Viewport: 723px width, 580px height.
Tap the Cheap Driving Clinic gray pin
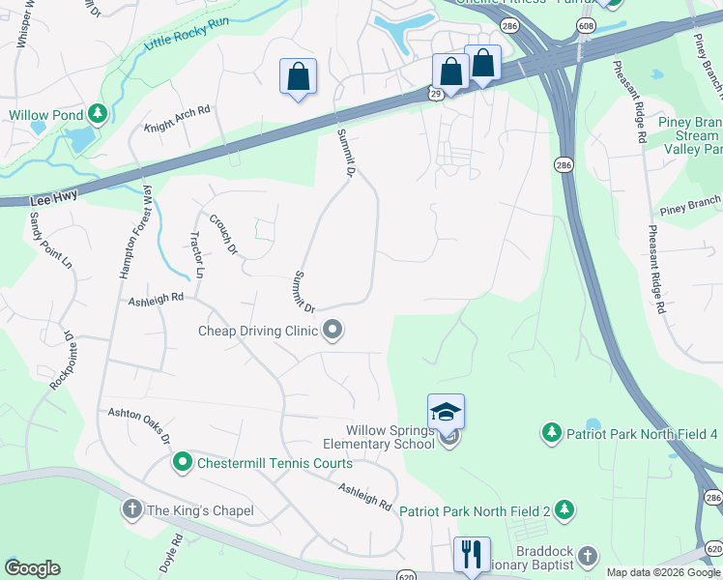(x=333, y=332)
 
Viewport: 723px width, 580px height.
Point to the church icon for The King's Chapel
(x=132, y=509)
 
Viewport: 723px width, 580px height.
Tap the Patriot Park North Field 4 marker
(x=551, y=432)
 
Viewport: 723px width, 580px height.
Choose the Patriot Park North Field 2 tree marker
(x=564, y=509)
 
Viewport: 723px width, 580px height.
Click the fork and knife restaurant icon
(x=472, y=555)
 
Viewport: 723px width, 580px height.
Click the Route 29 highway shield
(x=437, y=91)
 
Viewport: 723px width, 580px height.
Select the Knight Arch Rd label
(x=177, y=119)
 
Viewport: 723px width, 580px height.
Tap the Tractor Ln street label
(x=197, y=255)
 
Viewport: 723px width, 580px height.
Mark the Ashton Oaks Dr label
(x=139, y=425)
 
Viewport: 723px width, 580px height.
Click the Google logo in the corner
(x=32, y=568)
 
